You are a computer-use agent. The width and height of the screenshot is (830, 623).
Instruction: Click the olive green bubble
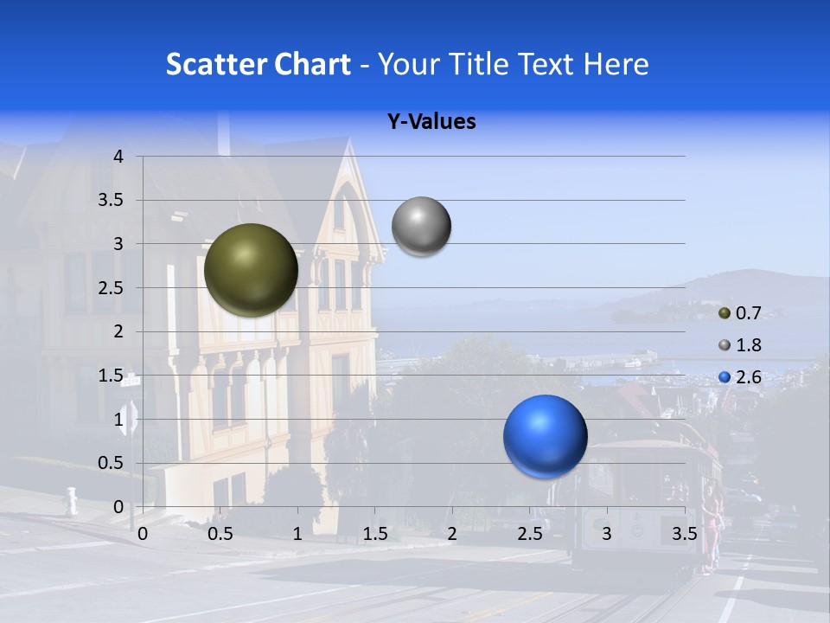pos(251,269)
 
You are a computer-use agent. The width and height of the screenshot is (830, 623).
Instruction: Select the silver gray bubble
pos(421,227)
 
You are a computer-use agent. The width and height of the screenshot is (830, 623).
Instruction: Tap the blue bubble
pos(545,436)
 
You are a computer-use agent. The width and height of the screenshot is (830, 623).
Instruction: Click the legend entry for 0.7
pos(748,312)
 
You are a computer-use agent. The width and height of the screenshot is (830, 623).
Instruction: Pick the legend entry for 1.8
pos(748,345)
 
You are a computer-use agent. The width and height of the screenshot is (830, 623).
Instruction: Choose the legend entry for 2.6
pos(748,377)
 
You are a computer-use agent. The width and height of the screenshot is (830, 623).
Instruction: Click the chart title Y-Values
pos(431,122)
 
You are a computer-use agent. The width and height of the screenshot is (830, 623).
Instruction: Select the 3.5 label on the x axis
pos(684,534)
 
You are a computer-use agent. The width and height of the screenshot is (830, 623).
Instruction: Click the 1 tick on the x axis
pos(297,534)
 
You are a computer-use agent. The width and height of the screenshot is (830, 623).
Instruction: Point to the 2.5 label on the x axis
pos(529,534)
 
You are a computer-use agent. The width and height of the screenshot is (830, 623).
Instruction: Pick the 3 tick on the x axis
pos(607,534)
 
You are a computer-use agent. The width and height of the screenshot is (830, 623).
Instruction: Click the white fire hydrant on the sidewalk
pos(71,500)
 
